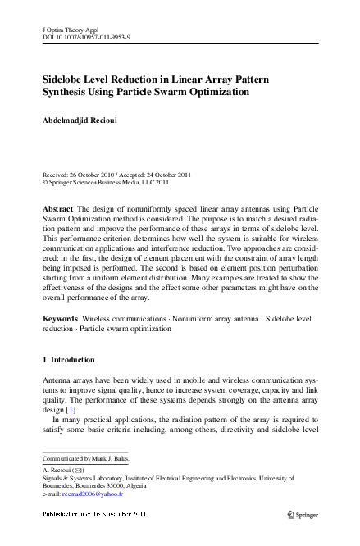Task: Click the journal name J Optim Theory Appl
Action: click(x=69, y=29)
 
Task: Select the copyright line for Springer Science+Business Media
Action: click(x=106, y=184)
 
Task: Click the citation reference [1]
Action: click(x=71, y=409)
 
